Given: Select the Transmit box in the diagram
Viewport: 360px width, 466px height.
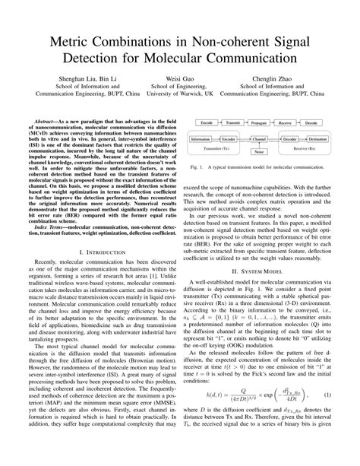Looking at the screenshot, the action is point(235,122).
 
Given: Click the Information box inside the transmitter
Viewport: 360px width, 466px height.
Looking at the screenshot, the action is point(201,140).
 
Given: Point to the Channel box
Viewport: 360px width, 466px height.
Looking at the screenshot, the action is point(261,140).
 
